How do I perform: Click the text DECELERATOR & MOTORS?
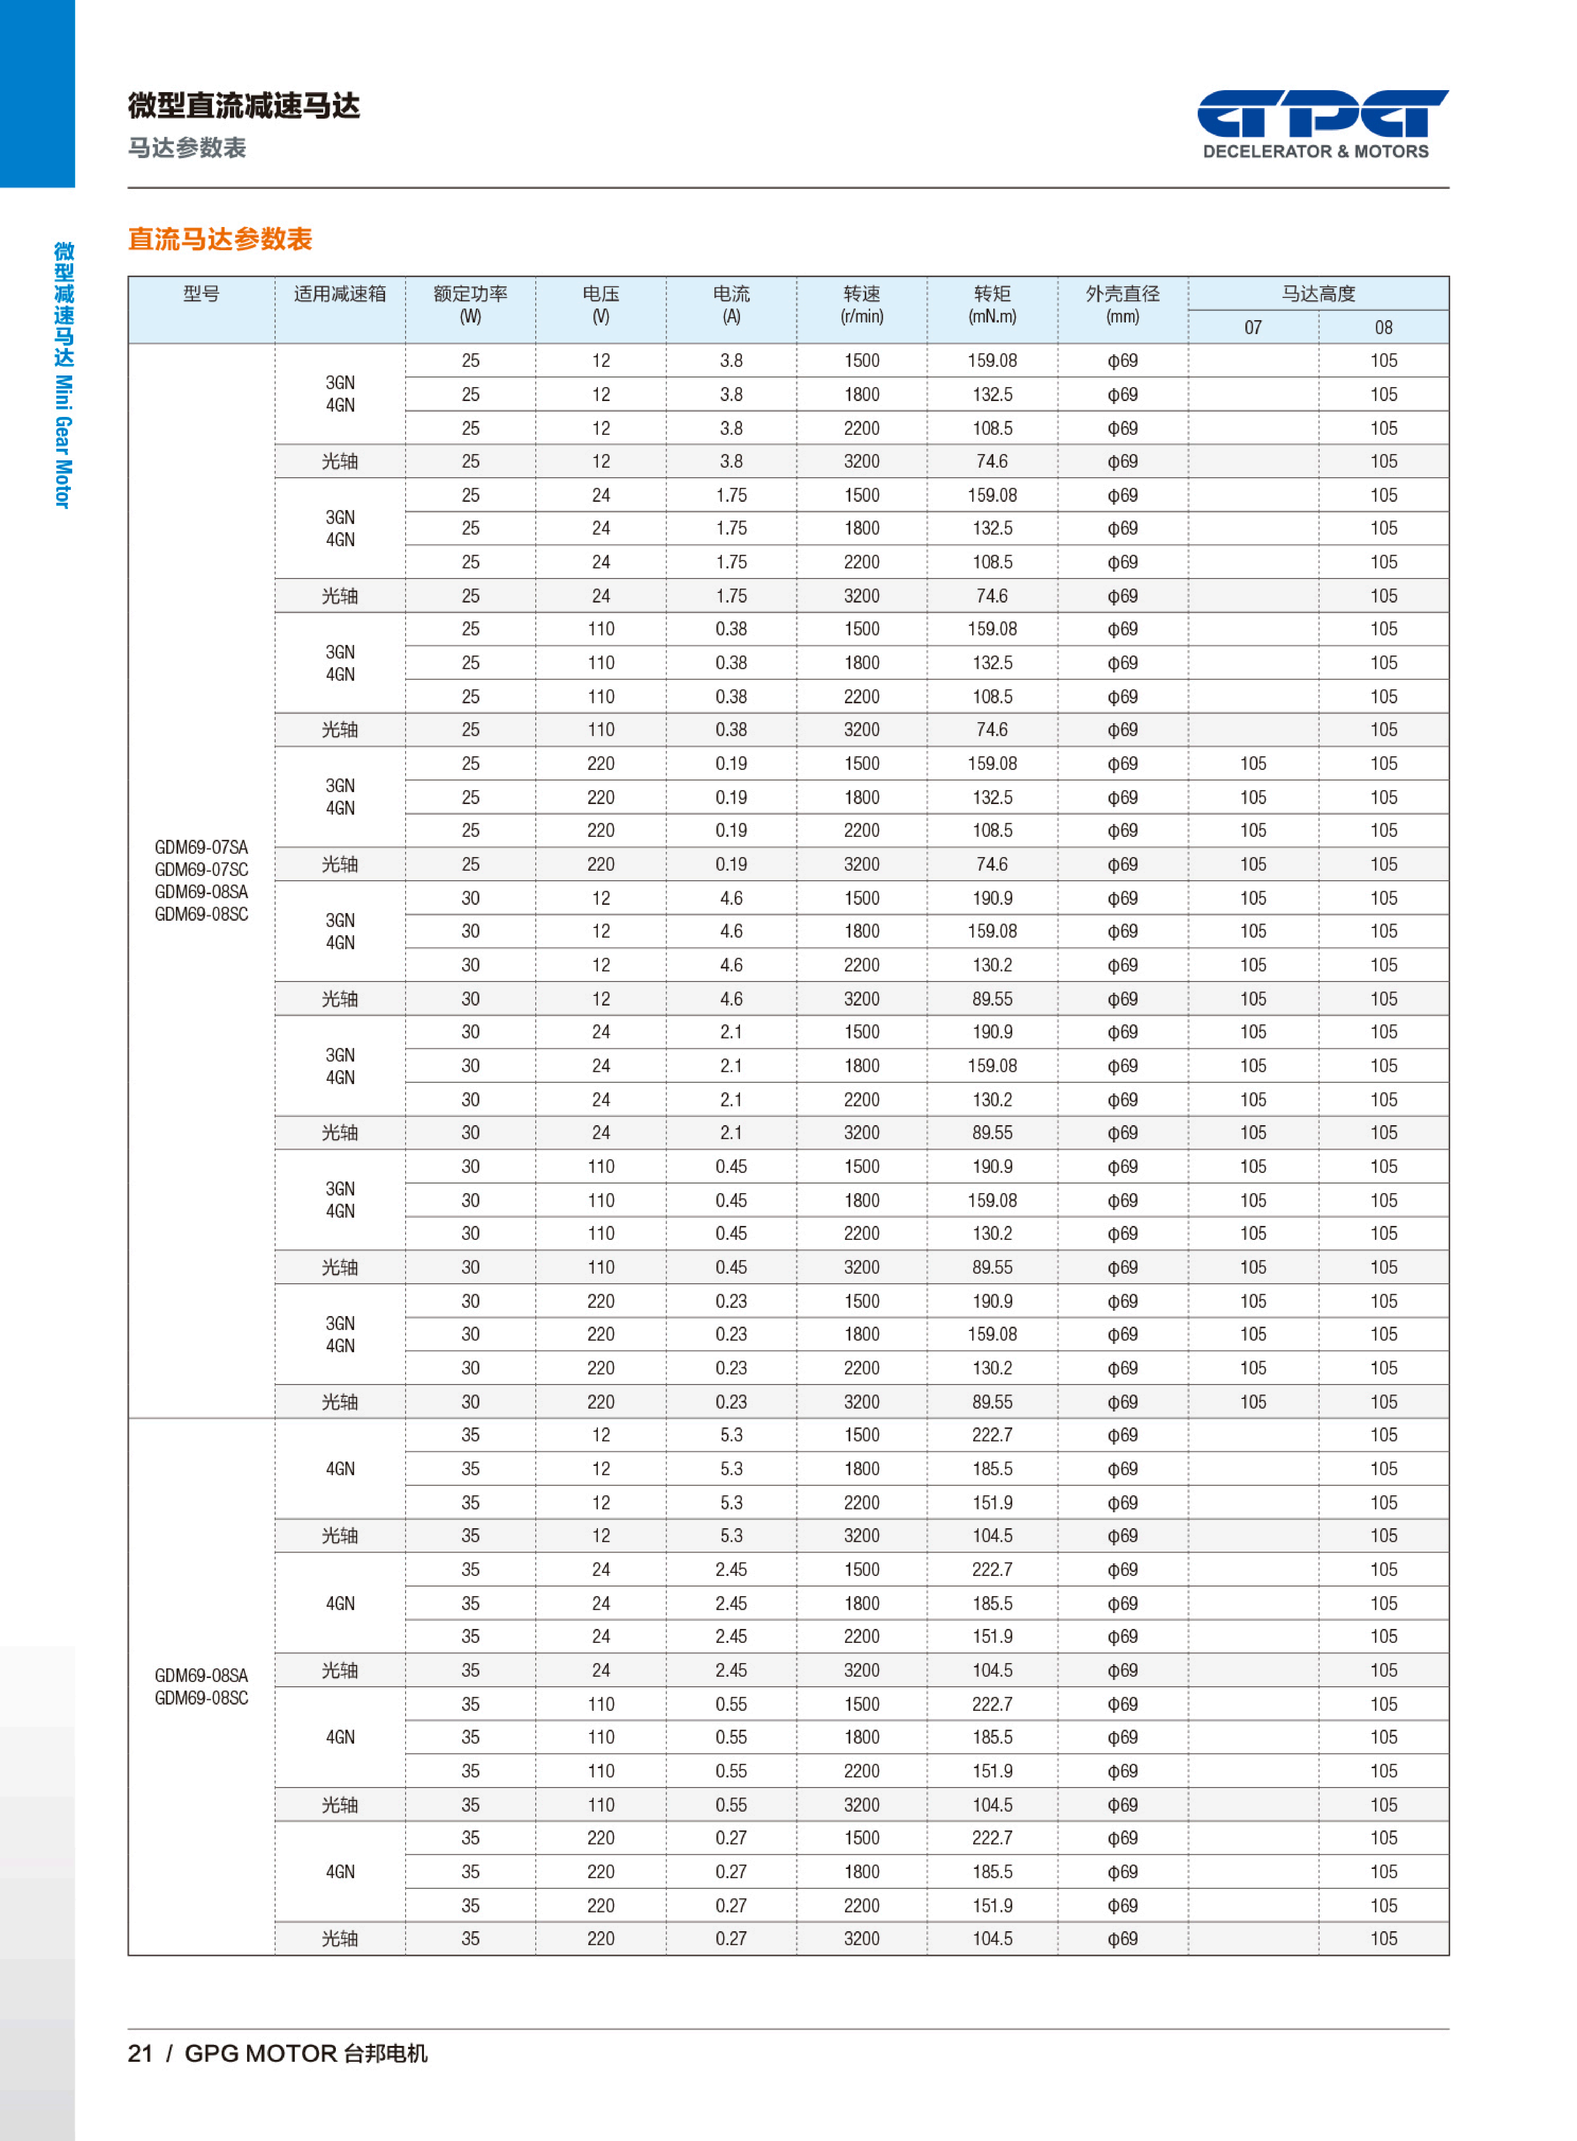1315,151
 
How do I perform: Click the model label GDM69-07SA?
201,847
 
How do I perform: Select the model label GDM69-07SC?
201,869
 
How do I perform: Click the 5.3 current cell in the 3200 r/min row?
731,1535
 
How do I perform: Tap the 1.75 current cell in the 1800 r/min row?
731,528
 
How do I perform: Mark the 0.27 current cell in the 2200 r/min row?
731,1905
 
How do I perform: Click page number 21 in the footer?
140,2053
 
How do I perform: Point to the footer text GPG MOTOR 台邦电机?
305,2053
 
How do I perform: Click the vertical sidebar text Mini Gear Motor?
63,441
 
